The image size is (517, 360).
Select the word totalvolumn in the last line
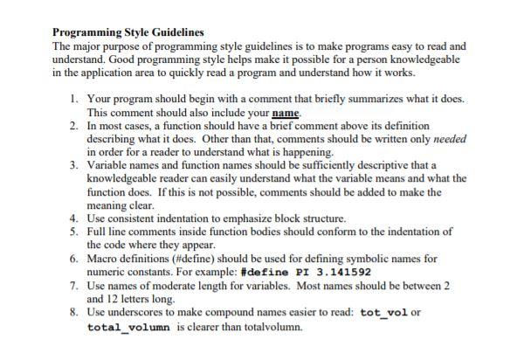pyautogui.click(x=269, y=327)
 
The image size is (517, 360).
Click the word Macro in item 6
pyautogui.click(x=102, y=260)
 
